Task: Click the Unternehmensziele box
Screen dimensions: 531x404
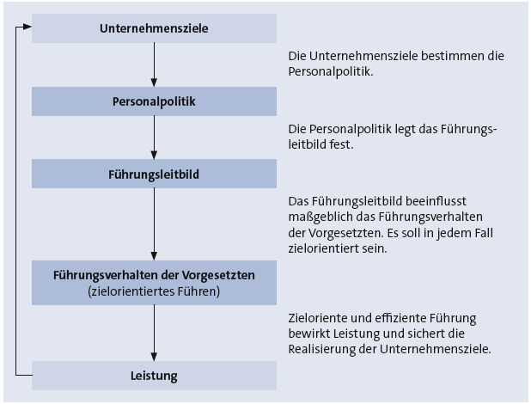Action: tap(154, 28)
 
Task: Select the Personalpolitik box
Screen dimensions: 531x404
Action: tap(154, 101)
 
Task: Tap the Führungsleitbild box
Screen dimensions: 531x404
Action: tap(154, 174)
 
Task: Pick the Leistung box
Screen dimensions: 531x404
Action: tap(154, 376)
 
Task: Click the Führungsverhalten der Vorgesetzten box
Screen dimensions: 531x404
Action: tap(154, 283)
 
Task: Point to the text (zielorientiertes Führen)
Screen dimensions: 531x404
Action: tap(154, 291)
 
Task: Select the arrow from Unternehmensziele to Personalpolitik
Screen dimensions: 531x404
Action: tap(154, 64)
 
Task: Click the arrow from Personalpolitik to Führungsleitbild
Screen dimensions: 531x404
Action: tap(154, 138)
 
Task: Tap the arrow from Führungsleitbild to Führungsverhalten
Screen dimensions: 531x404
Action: tap(154, 224)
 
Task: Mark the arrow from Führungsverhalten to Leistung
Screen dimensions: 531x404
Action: tap(154, 333)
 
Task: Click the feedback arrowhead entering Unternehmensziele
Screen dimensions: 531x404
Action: tap(27, 27)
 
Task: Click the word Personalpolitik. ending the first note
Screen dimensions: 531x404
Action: tap(331, 72)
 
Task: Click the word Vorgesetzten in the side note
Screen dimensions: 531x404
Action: tap(341, 234)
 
